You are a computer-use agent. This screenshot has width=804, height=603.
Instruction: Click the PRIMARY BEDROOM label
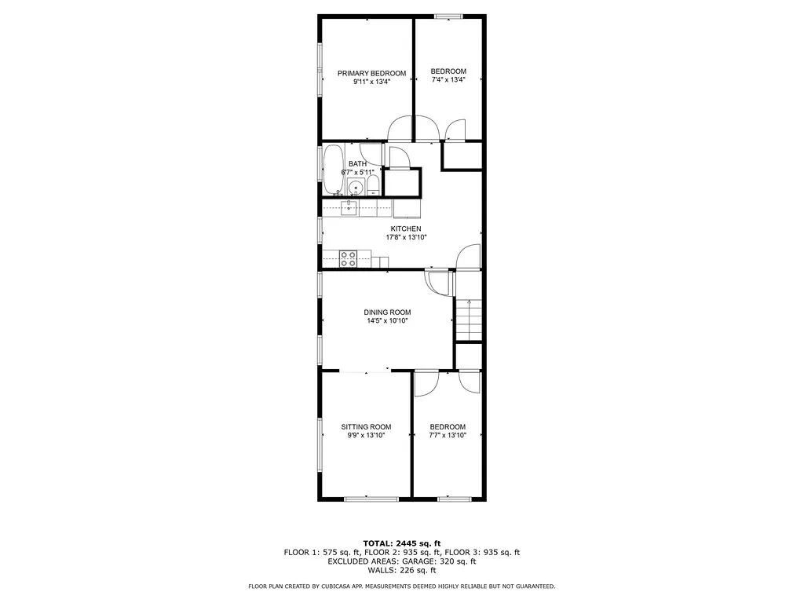371,73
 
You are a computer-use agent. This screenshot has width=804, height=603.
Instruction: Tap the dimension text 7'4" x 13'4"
448,79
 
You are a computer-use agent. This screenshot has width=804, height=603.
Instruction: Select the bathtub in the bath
333,169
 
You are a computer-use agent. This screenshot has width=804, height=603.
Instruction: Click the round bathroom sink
355,187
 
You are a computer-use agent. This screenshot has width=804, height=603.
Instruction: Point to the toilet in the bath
373,186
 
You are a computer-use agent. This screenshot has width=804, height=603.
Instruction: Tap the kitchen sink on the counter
348,207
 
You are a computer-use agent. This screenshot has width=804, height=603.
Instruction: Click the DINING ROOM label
387,312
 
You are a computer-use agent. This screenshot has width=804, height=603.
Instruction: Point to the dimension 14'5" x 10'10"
387,320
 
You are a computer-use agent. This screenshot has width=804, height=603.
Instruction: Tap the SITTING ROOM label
366,427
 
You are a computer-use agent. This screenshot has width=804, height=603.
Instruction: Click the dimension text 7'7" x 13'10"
448,435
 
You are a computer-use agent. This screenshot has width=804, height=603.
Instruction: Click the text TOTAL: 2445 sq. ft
401,543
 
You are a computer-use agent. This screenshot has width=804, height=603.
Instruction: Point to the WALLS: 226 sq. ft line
401,571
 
